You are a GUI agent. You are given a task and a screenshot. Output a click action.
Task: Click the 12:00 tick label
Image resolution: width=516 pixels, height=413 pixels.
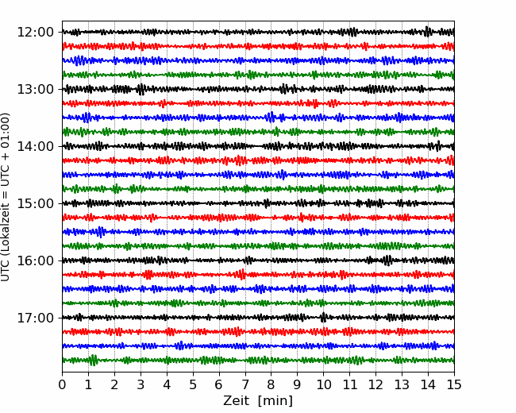35,33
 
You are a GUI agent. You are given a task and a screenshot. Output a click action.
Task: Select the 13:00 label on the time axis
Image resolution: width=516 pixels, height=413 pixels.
35,89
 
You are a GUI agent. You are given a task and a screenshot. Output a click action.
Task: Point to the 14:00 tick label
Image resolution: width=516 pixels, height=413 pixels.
35,146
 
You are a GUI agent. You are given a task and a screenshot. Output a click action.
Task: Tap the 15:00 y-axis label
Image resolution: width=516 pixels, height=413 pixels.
35,203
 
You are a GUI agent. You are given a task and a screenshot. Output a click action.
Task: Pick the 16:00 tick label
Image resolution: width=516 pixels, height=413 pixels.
35,261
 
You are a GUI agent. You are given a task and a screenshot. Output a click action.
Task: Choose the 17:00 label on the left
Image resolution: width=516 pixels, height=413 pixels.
35,318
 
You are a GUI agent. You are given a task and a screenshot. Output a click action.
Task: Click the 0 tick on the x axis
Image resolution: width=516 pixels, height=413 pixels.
62,384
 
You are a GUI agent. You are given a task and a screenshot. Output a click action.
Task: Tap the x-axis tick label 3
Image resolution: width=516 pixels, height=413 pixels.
141,384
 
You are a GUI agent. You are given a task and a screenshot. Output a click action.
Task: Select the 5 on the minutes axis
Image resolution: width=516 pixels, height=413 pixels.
193,384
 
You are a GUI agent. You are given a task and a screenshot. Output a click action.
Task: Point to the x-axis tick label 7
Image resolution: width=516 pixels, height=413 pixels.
245,384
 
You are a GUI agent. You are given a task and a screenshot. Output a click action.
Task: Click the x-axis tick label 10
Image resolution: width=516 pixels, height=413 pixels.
323,384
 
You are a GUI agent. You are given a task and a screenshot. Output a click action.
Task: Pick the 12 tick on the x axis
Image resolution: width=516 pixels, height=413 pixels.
375,384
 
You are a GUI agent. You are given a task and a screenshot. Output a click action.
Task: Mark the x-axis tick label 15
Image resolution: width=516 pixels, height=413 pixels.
454,384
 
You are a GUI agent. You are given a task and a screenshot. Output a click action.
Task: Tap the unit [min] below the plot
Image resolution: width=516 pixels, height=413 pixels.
275,401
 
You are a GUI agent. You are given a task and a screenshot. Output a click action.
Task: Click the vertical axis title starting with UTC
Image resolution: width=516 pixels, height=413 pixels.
6,197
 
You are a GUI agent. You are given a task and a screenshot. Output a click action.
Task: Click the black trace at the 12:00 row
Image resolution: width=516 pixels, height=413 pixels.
258,32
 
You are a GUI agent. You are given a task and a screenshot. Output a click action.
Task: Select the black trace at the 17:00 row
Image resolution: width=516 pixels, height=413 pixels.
258,318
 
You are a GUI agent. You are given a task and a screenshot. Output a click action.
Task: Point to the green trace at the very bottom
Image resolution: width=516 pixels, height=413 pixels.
258,360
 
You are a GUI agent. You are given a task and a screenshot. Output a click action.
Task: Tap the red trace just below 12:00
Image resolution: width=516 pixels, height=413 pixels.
258,46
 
